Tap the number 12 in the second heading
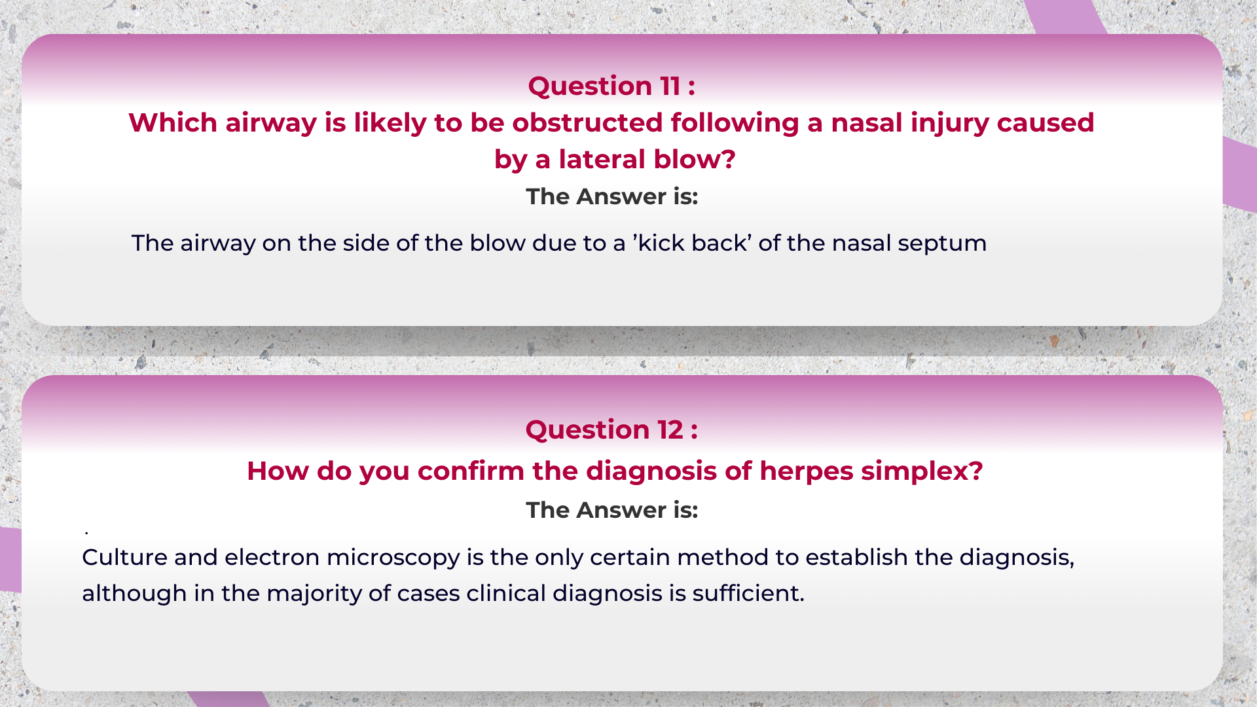click(671, 430)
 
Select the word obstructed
click(587, 123)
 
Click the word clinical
click(505, 594)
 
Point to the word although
click(134, 594)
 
